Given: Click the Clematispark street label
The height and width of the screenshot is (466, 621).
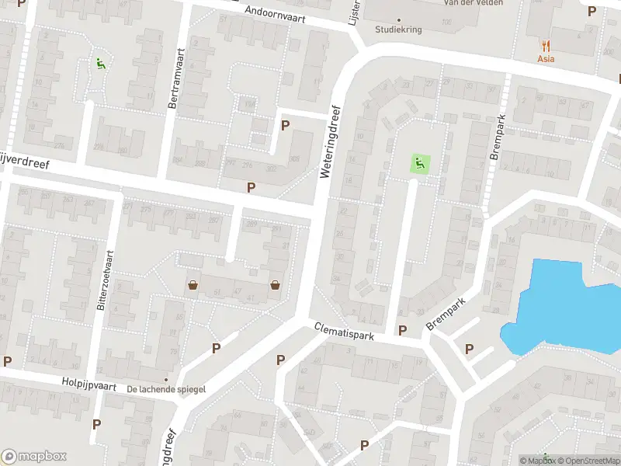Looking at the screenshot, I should [x=345, y=332].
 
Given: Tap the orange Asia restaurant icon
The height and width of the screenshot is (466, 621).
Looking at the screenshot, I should [x=546, y=46].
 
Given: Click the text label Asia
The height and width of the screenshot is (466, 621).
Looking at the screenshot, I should [x=546, y=59].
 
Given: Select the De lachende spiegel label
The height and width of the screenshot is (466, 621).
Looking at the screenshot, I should [x=166, y=388].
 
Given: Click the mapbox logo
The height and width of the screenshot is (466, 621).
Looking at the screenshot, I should [x=34, y=456].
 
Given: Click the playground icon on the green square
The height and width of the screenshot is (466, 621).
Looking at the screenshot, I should [x=419, y=164].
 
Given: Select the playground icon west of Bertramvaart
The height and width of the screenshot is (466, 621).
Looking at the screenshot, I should [x=99, y=63].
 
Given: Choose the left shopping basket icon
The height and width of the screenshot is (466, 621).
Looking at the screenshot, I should [x=193, y=285].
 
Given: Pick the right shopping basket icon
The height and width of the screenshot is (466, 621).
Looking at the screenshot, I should [x=276, y=285].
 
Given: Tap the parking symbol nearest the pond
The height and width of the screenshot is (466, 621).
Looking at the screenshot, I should [x=469, y=349].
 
